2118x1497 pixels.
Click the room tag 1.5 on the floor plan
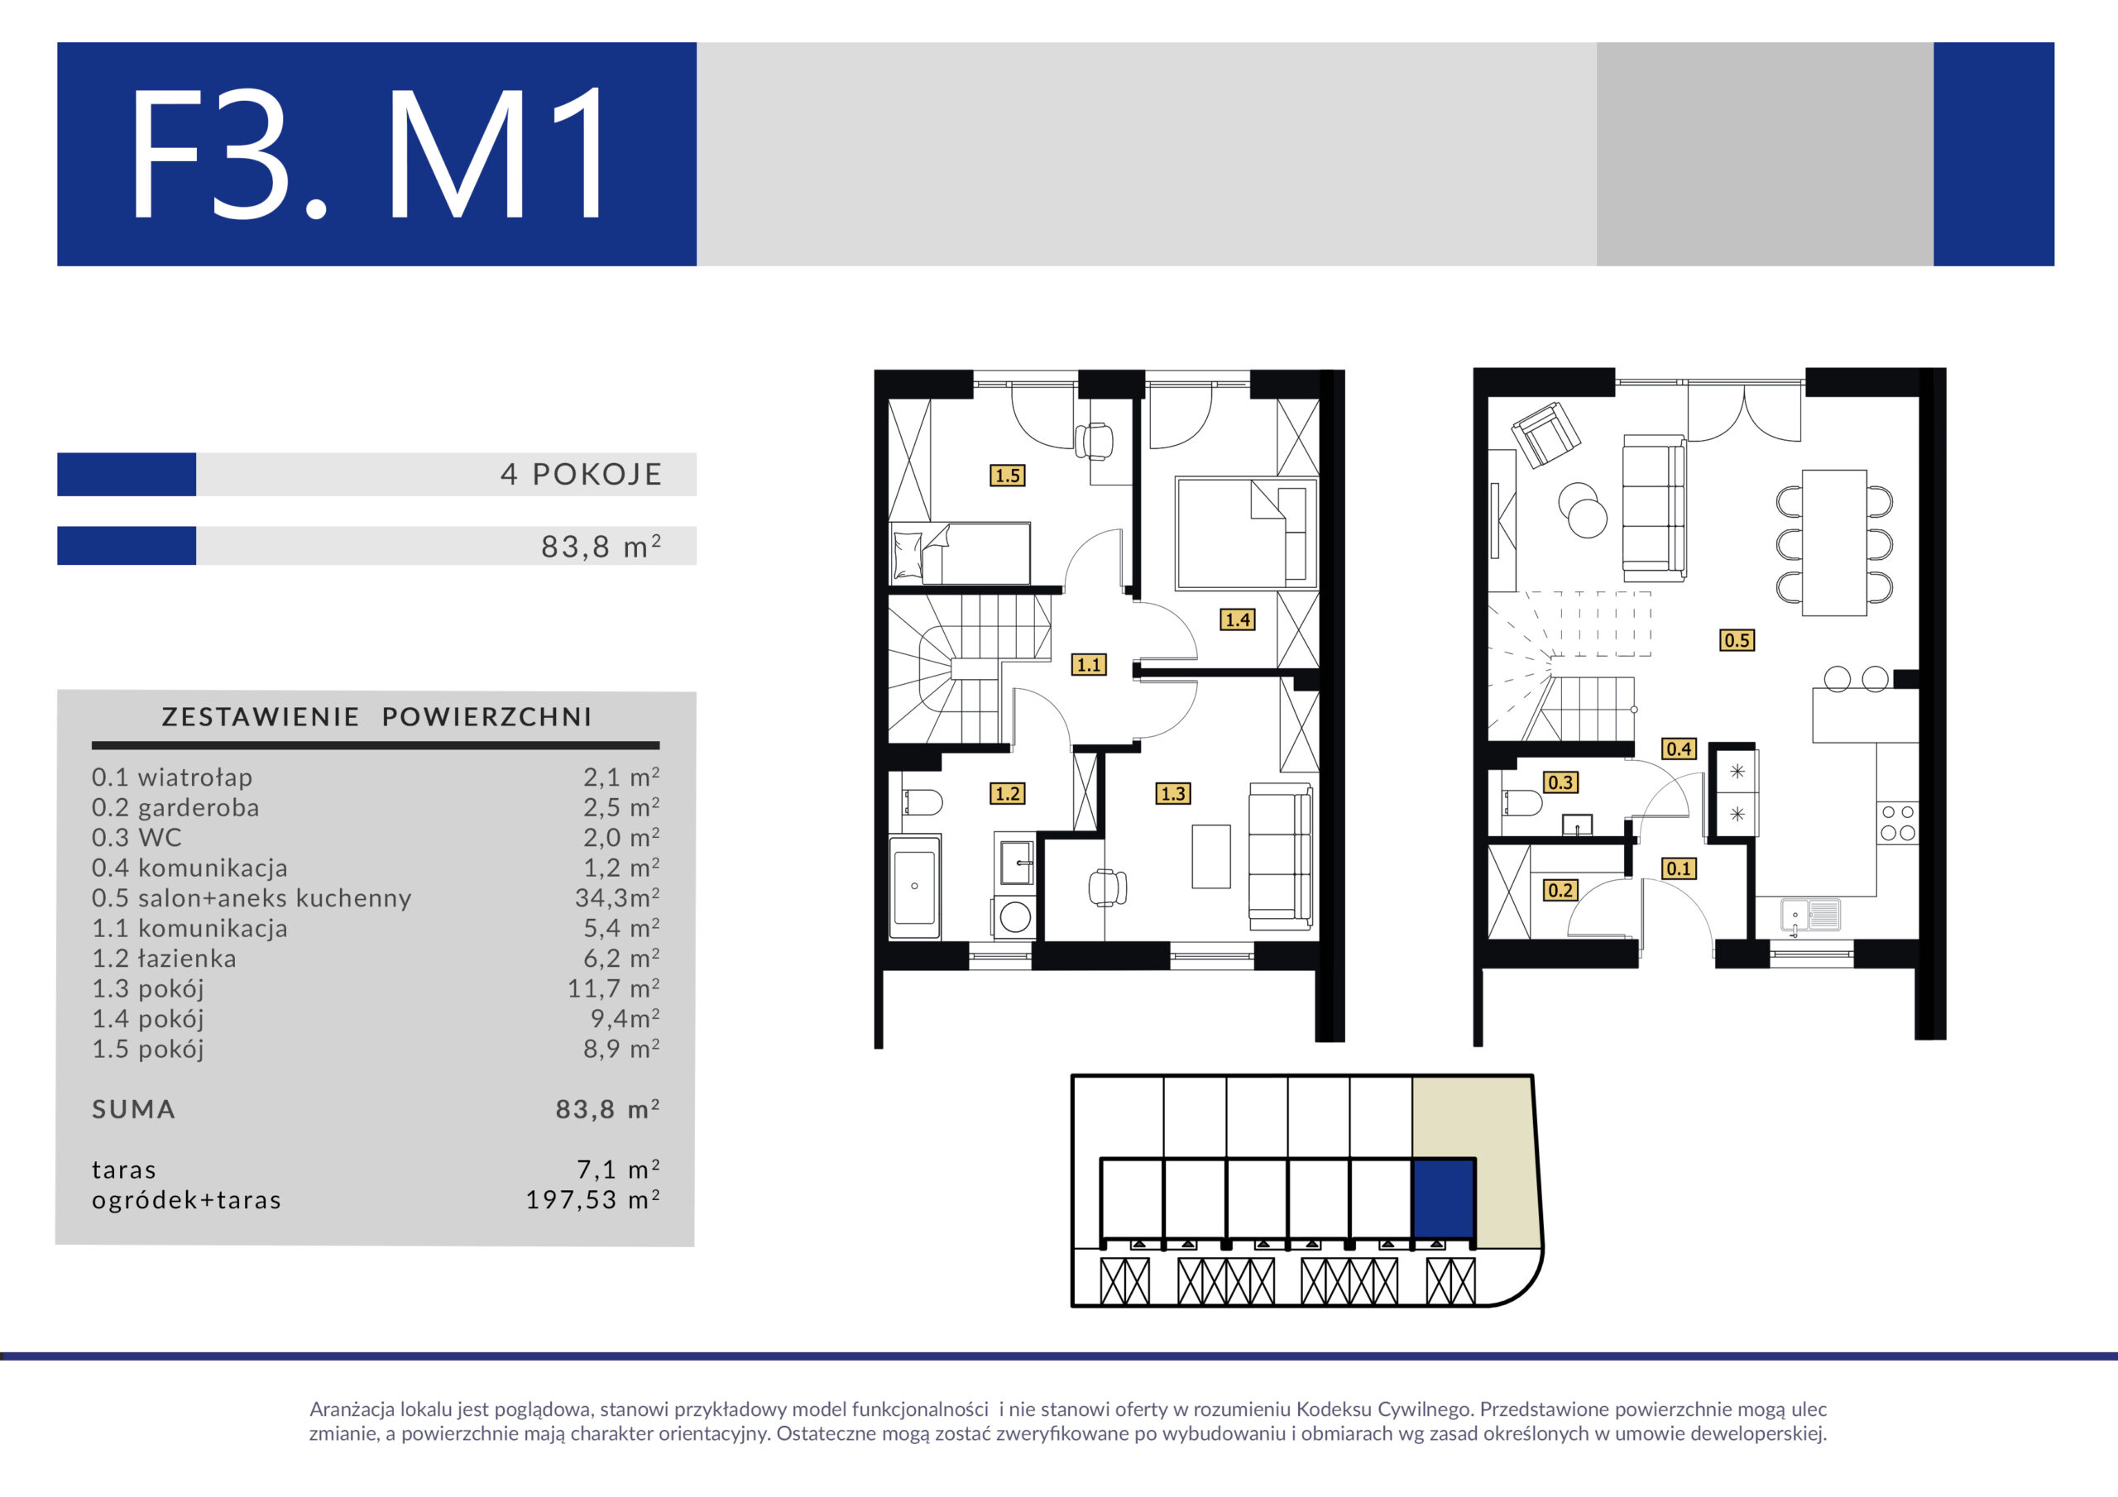pyautogui.click(x=1008, y=476)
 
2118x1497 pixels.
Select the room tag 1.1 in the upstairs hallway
pyautogui.click(x=1089, y=664)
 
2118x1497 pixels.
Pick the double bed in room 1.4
pyautogui.click(x=1246, y=533)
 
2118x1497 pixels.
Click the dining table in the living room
pyautogui.click(x=1835, y=543)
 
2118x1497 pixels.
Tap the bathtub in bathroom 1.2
pyautogui.click(x=914, y=887)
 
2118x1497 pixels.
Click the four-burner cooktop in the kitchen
pyautogui.click(x=1898, y=823)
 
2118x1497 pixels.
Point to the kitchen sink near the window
pyautogui.click(x=1810, y=915)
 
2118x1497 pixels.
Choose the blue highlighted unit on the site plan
pyautogui.click(x=1444, y=1199)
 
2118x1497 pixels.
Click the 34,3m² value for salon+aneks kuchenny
pyautogui.click(x=617, y=897)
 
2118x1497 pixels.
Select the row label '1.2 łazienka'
pyautogui.click(x=164, y=959)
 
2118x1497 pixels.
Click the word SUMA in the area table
pyautogui.click(x=134, y=1110)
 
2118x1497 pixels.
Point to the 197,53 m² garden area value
pyautogui.click(x=592, y=1199)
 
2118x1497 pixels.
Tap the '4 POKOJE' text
pyautogui.click(x=581, y=474)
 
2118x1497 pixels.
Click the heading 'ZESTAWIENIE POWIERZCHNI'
pyautogui.click(x=376, y=717)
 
